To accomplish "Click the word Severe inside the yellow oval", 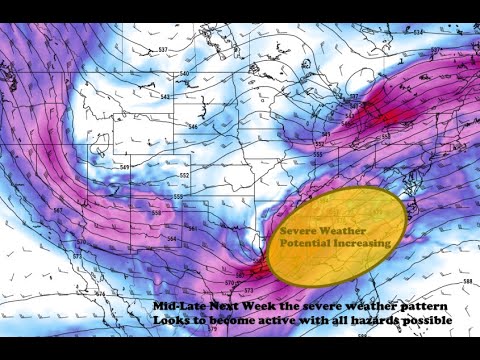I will click(298, 230).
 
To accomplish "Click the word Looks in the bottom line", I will click(173, 320).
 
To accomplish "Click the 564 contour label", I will click(171, 240).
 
